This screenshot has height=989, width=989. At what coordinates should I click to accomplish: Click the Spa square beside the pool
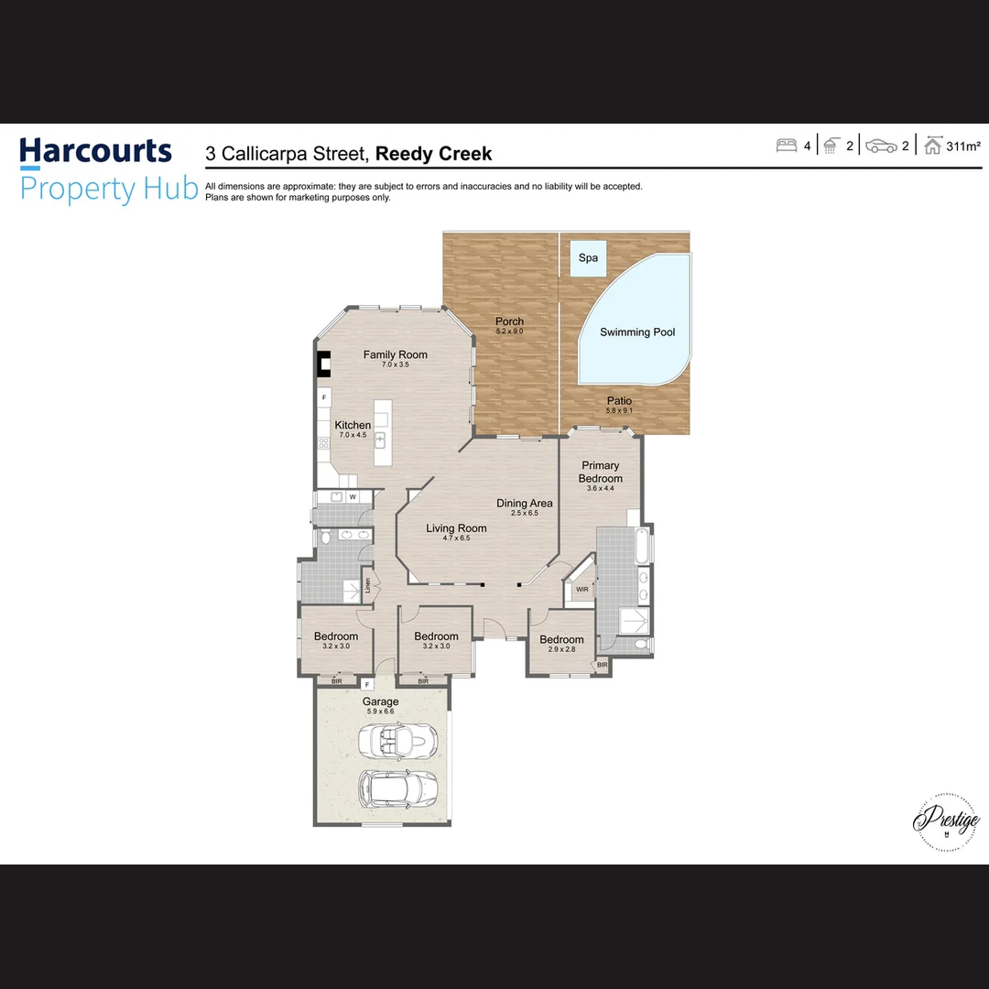click(x=588, y=257)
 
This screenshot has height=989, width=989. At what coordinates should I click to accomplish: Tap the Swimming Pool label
click(x=637, y=332)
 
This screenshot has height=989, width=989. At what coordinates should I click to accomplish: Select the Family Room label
click(x=395, y=355)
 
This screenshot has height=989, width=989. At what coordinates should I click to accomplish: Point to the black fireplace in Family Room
click(x=323, y=365)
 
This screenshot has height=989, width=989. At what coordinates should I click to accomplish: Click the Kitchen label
click(x=353, y=425)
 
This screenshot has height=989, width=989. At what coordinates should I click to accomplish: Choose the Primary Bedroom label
click(x=600, y=472)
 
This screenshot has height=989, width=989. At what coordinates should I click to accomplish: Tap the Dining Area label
click(x=525, y=503)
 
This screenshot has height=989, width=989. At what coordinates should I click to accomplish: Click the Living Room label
click(x=456, y=528)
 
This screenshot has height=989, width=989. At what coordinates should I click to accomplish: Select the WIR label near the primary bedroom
click(x=582, y=589)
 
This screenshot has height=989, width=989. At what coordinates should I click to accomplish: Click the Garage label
click(x=380, y=702)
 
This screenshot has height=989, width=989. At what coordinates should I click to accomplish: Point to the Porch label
click(x=509, y=321)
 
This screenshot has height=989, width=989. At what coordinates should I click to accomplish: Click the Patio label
click(x=619, y=401)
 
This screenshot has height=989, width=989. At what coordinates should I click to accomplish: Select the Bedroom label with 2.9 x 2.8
click(x=561, y=639)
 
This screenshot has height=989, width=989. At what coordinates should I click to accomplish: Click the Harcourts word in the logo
click(x=96, y=150)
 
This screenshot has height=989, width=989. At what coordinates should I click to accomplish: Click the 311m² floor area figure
click(x=963, y=147)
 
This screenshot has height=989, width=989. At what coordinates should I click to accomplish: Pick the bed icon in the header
click(x=786, y=146)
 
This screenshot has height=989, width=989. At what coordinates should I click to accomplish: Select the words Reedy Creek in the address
click(x=433, y=154)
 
